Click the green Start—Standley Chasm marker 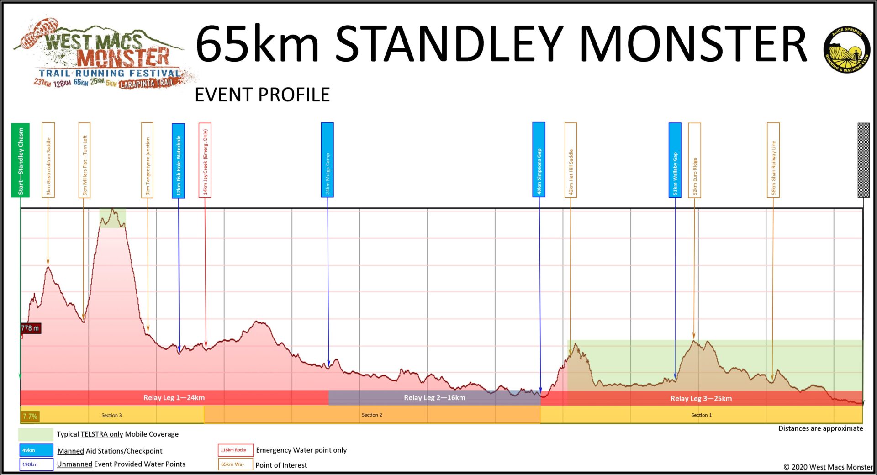point(20,160)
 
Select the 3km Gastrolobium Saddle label point(48,160)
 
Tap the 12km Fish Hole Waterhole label point(178,160)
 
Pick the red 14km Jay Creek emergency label point(205,160)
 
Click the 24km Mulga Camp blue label point(327,160)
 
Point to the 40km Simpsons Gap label point(539,160)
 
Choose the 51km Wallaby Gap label point(675,160)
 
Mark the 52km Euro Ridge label point(694,160)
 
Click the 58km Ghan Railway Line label point(773,160)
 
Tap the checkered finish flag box point(863,160)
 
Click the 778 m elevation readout point(31,328)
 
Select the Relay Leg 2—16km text point(434,398)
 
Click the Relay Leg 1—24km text point(174,398)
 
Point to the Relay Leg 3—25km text point(701,399)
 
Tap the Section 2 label point(372,415)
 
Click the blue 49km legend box point(36,450)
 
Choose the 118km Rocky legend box point(235,450)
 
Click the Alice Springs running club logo point(847,50)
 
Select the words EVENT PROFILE point(262,95)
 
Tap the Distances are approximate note point(820,428)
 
